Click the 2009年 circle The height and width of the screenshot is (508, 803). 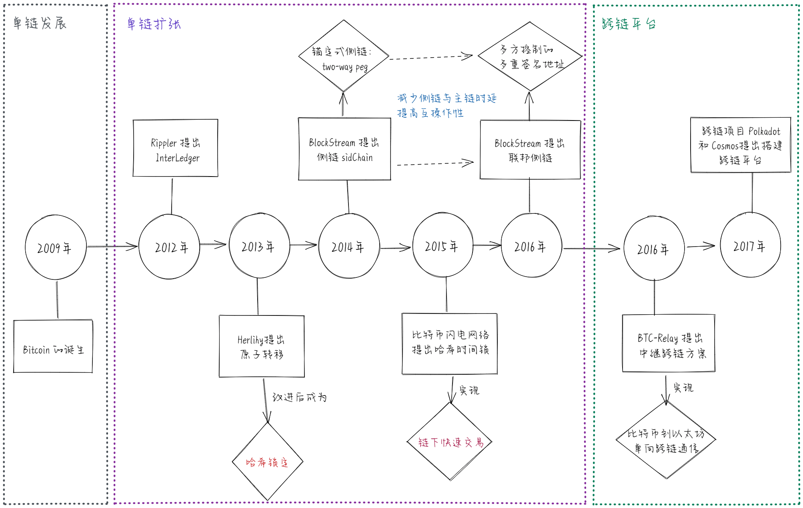pos(56,247)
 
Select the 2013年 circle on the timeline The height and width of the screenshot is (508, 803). pos(259,246)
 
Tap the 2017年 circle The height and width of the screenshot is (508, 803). pos(750,245)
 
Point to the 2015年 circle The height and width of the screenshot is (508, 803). pos(443,245)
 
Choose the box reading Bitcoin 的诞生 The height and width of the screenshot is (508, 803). pos(53,347)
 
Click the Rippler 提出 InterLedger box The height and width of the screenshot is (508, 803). pos(175,149)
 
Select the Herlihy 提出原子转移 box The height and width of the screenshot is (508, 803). pos(262,346)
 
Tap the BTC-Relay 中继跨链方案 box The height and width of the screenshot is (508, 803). pos(669,343)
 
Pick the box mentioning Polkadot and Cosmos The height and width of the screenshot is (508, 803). pos(741,145)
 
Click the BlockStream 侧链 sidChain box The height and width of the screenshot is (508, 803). pos(344,149)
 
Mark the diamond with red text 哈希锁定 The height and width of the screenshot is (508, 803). pos(267,462)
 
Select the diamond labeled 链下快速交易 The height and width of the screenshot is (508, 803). pos(450,442)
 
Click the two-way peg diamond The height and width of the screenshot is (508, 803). pos(344,56)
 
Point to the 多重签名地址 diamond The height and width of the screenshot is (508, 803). pos(530,56)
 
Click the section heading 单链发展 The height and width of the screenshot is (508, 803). pos(40,23)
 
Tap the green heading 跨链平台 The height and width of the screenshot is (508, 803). pos(629,24)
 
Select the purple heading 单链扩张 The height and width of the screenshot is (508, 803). pos(154,24)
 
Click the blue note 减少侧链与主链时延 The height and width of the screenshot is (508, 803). pos(447,98)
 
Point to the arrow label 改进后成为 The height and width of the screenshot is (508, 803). pos(299,397)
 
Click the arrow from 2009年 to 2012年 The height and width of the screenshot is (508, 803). pos(112,247)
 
